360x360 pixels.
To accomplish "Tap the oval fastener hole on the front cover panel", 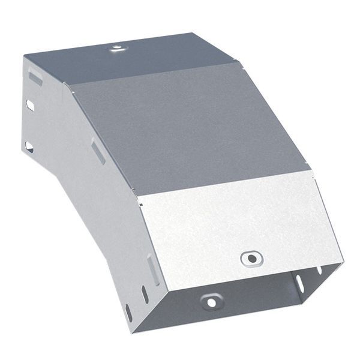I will (x=251, y=259).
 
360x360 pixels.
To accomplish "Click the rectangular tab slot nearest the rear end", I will (x=35, y=77).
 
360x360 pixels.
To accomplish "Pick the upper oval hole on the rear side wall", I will (x=29, y=105).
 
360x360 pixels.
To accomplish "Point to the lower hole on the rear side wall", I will (x=29, y=146).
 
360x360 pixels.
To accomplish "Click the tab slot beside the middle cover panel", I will (x=98, y=151).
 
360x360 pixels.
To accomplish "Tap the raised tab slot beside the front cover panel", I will (x=153, y=268).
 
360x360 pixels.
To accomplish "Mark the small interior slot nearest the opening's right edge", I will (x=318, y=269).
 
